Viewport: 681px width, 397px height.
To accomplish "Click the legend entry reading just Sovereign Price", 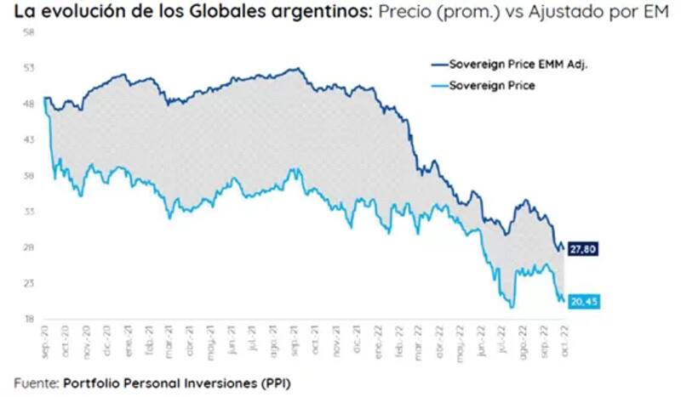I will click(x=491, y=85).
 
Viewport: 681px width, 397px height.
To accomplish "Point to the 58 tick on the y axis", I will click(x=29, y=32).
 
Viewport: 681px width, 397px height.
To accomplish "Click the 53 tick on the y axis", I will click(x=29, y=68).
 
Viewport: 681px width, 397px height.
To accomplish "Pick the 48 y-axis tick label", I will click(x=29, y=105).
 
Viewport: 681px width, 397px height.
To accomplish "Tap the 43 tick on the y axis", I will click(x=29, y=140).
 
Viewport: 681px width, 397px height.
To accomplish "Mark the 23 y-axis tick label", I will click(x=29, y=284).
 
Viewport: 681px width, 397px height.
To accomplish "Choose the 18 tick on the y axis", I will click(x=29, y=320).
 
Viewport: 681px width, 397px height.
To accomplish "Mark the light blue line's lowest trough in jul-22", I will click(x=512, y=307).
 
